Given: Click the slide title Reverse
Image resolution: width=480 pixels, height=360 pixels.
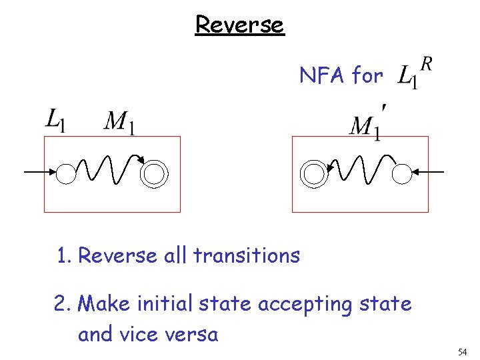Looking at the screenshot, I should (239, 25).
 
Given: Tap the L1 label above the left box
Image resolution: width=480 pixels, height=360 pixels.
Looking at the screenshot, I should (55, 121).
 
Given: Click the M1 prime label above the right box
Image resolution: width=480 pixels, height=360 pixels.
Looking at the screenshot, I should (367, 124).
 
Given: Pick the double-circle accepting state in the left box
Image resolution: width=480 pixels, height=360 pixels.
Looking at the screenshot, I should (154, 174).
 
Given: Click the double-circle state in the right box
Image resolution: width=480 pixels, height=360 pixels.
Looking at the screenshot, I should (312, 174).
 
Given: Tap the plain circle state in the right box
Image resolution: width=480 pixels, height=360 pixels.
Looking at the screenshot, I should (401, 174).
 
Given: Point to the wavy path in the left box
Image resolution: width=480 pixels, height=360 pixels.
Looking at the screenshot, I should (110, 171).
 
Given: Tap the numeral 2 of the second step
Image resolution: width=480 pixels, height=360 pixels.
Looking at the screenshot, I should (60, 304).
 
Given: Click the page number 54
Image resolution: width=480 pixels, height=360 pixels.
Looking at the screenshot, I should (463, 351).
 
